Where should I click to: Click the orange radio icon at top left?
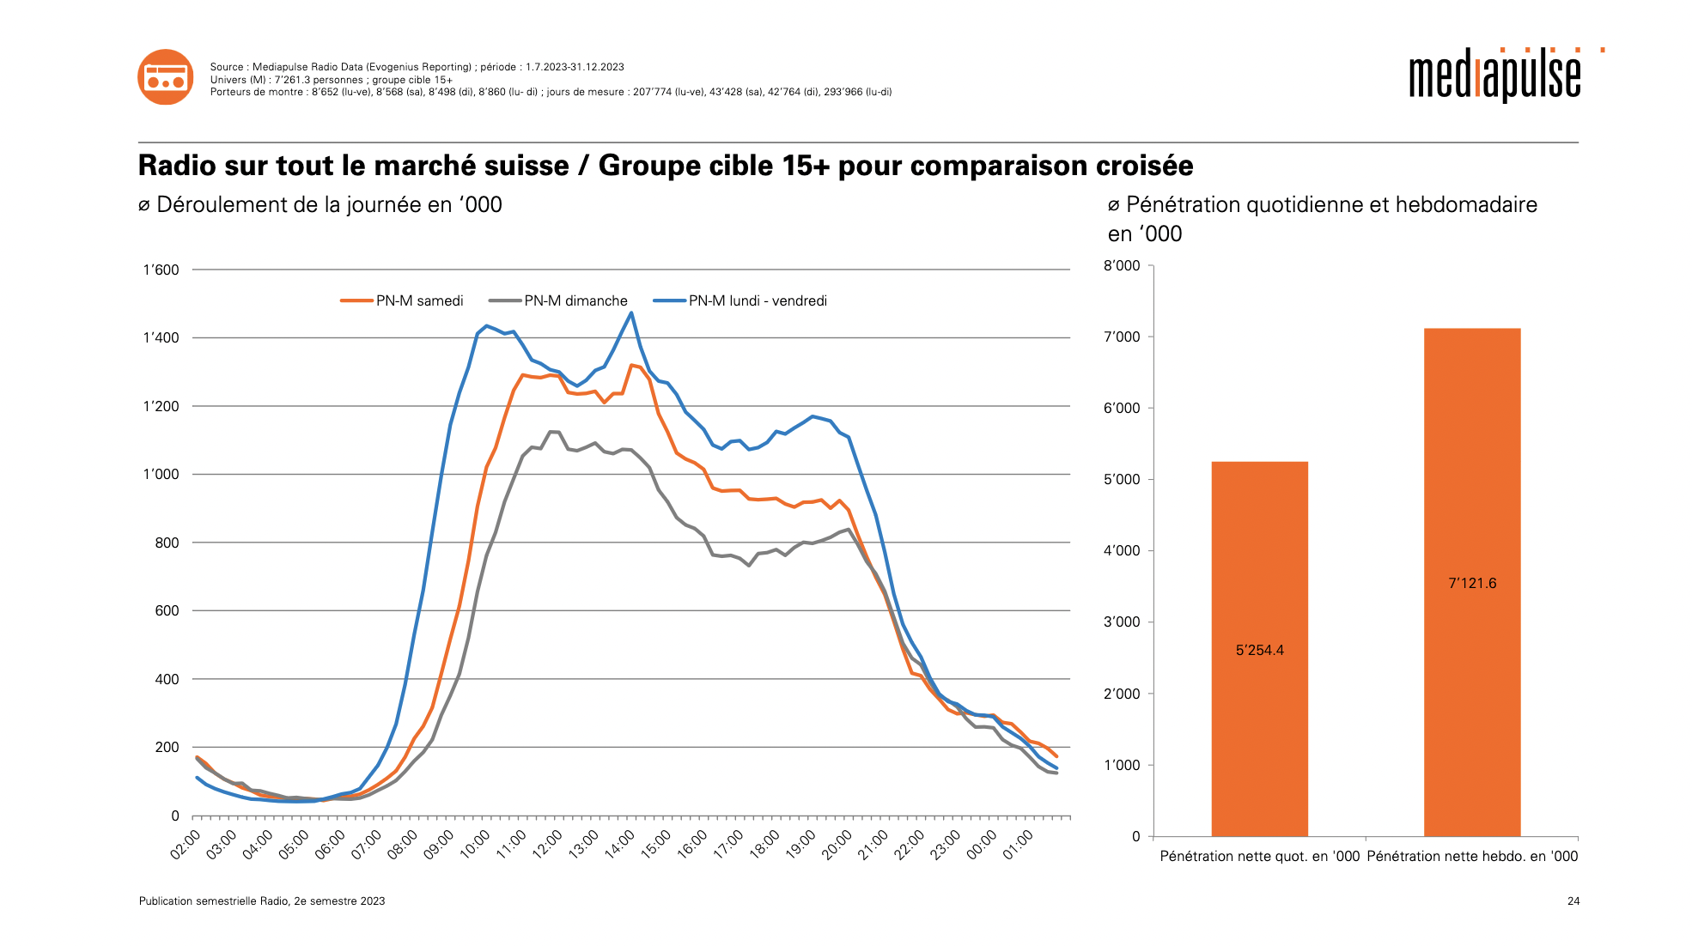pos(166,77)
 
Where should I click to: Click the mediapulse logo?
pos(1495,76)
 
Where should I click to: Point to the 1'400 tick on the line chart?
pos(161,338)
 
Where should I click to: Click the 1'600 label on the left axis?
pos(161,270)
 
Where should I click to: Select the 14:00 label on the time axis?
pos(620,845)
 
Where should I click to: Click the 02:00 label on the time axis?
pos(186,845)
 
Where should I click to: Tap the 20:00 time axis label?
pos(837,845)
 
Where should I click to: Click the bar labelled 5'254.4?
pos(1259,649)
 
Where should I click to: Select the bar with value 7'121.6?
pos(1472,582)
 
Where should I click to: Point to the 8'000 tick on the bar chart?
pos(1122,266)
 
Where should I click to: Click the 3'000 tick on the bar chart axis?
pos(1122,622)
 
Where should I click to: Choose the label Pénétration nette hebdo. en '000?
pos(1472,856)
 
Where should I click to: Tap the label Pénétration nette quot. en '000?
pos(1259,856)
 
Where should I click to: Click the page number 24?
pos(1573,901)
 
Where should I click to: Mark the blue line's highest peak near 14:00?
pos(631,312)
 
